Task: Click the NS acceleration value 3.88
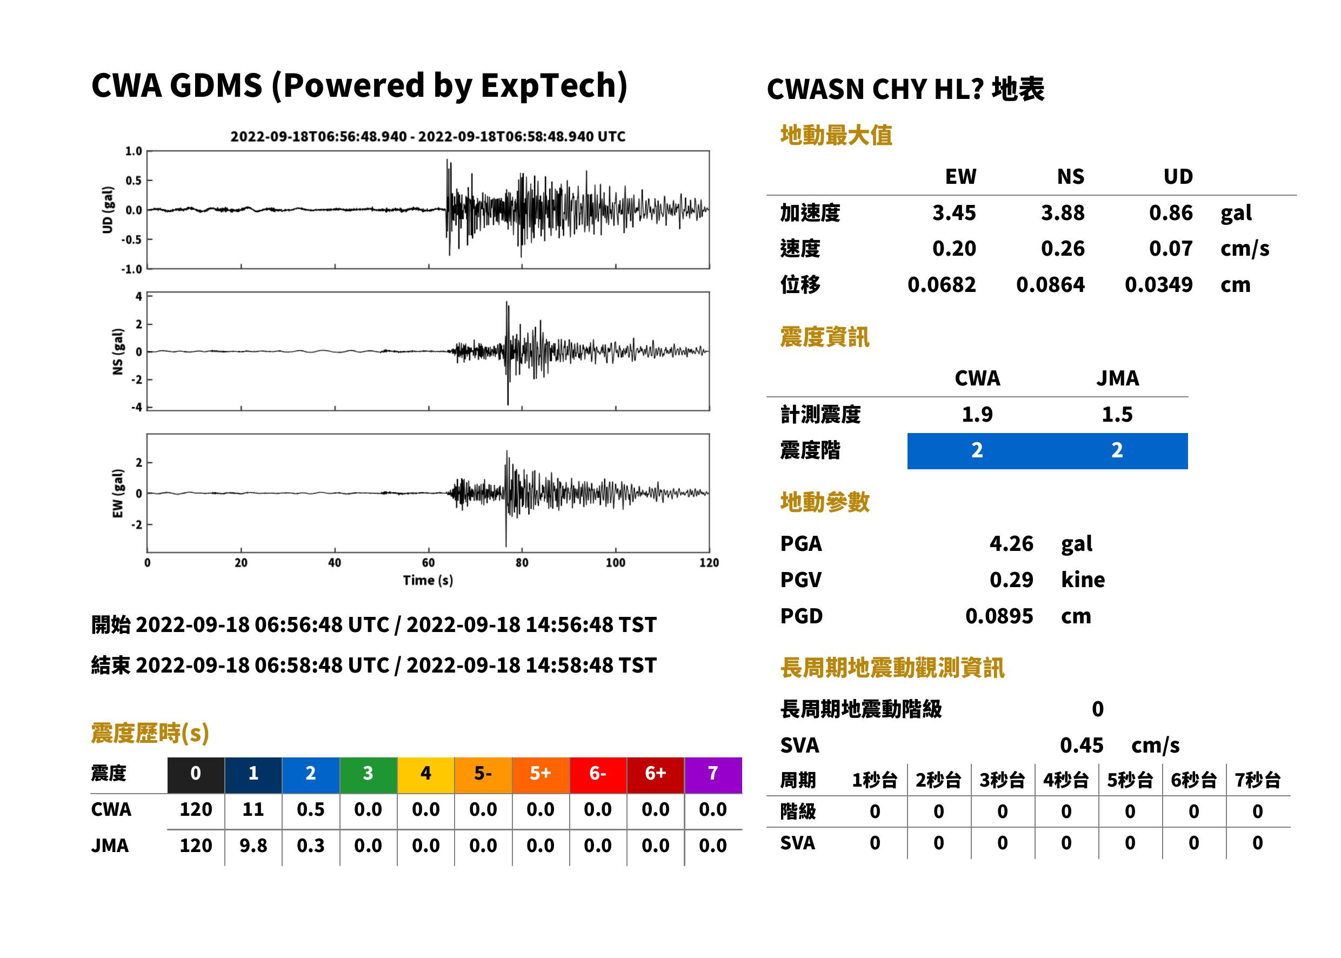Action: click(1062, 213)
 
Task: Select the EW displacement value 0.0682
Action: click(941, 285)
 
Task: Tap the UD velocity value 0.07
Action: click(1171, 249)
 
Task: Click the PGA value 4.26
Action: click(1011, 543)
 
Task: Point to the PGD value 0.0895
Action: click(999, 616)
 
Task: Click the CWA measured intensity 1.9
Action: click(977, 415)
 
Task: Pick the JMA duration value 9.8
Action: click(253, 846)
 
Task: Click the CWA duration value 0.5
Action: click(311, 809)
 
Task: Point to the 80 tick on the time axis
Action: click(522, 563)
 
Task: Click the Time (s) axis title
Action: click(428, 581)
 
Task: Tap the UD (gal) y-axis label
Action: click(108, 210)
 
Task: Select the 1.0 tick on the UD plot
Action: click(134, 151)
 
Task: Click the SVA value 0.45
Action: click(1082, 746)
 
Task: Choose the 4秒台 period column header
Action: click(1065, 781)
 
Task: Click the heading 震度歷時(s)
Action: click(150, 733)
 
